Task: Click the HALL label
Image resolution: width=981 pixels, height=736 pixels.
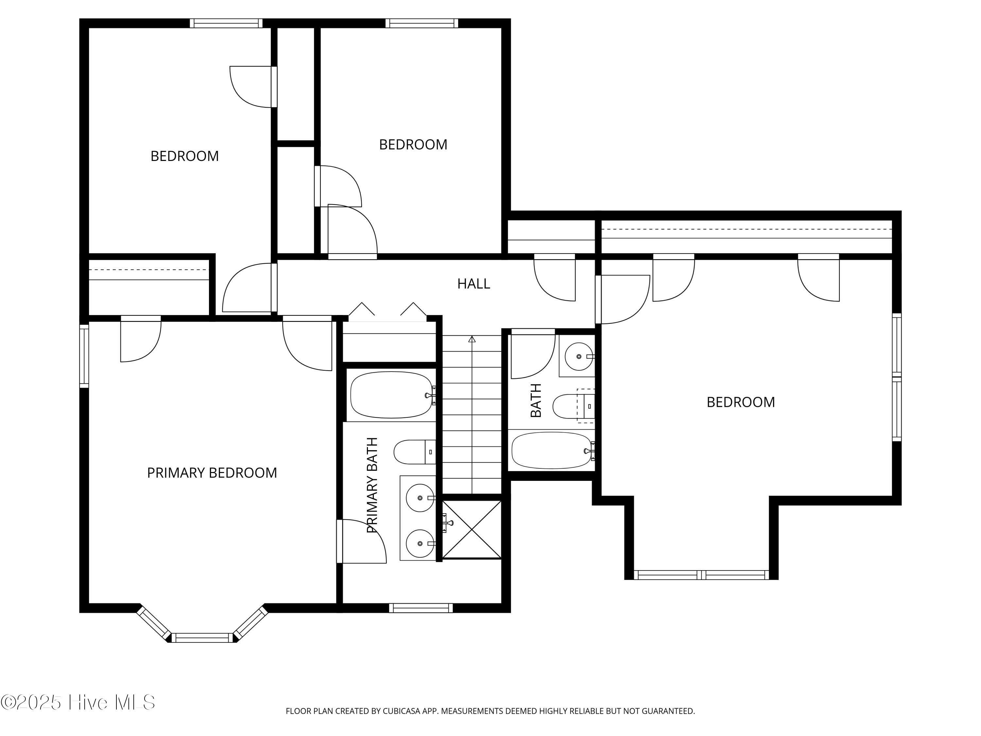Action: [x=473, y=284]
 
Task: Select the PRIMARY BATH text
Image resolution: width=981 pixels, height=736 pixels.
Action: [x=372, y=485]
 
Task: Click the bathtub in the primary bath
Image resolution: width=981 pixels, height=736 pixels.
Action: [x=392, y=395]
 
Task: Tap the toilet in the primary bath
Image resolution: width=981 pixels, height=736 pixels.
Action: [x=415, y=452]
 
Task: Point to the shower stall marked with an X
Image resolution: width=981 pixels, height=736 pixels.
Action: [x=472, y=529]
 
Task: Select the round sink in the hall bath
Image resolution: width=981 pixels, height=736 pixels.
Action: [x=579, y=356]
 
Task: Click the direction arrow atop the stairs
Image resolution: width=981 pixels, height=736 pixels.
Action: [x=472, y=340]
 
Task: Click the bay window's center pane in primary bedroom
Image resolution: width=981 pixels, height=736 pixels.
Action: [x=202, y=638]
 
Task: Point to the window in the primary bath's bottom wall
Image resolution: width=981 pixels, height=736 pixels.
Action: [x=421, y=608]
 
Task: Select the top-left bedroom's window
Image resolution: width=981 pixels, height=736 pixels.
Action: [x=226, y=23]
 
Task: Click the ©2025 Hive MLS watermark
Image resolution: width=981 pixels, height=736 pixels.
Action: [x=78, y=702]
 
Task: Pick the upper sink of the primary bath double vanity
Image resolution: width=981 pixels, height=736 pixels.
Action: [x=420, y=498]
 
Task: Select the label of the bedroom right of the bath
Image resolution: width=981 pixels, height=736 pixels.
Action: [x=741, y=402]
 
